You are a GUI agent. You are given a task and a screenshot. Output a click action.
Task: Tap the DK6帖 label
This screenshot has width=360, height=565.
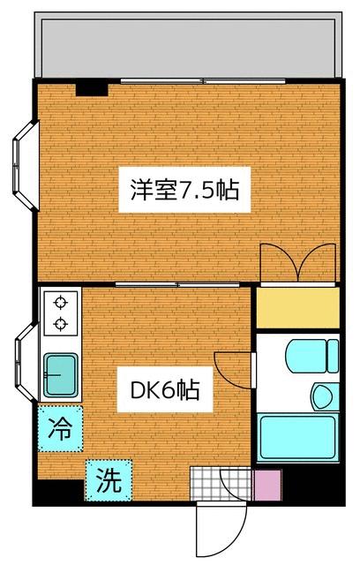(167, 390)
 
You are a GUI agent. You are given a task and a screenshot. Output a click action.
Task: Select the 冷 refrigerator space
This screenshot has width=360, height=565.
(60, 429)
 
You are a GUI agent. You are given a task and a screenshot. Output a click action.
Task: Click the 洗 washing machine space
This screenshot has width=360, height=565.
(108, 481)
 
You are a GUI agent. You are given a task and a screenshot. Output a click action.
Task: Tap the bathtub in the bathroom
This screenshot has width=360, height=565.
(296, 435)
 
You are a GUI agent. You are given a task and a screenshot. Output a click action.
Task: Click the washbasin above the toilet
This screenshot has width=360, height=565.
(312, 357)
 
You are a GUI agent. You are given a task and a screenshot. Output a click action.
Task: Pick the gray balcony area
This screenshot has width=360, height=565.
(187, 47)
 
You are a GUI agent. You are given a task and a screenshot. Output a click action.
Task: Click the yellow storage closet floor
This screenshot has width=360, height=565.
(296, 305)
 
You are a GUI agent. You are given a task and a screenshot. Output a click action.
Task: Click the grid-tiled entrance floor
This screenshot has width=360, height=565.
(207, 485)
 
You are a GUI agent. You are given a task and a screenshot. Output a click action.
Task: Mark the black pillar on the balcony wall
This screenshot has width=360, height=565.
(91, 87)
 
